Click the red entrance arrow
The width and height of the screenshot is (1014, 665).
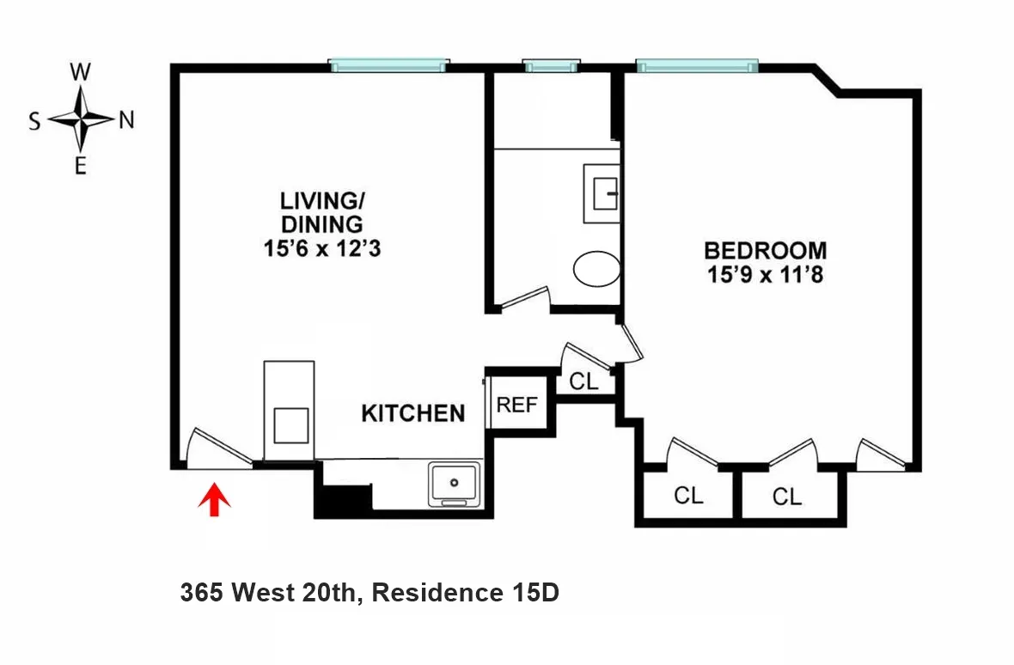pos(215,500)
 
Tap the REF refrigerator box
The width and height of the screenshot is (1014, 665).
pos(516,405)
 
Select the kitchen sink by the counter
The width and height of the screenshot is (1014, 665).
pos(455,484)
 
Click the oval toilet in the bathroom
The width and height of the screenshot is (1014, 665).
pos(596,269)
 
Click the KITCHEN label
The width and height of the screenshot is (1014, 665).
pos(412,413)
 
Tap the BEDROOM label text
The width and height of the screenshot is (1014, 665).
pos(765,251)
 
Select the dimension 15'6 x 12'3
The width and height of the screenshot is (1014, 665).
pos(322,248)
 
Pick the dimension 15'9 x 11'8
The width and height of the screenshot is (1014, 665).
pos(765,276)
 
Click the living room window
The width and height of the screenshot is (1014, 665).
pos(389,64)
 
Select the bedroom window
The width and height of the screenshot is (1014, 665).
pos(697,64)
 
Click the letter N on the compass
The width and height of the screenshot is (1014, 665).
pos(126,121)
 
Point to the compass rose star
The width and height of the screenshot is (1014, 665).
pos(81,119)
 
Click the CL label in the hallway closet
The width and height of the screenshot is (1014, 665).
pos(584,381)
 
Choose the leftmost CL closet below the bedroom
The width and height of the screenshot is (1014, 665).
pos(687,496)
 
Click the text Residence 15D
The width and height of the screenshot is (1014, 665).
pos(465,593)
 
